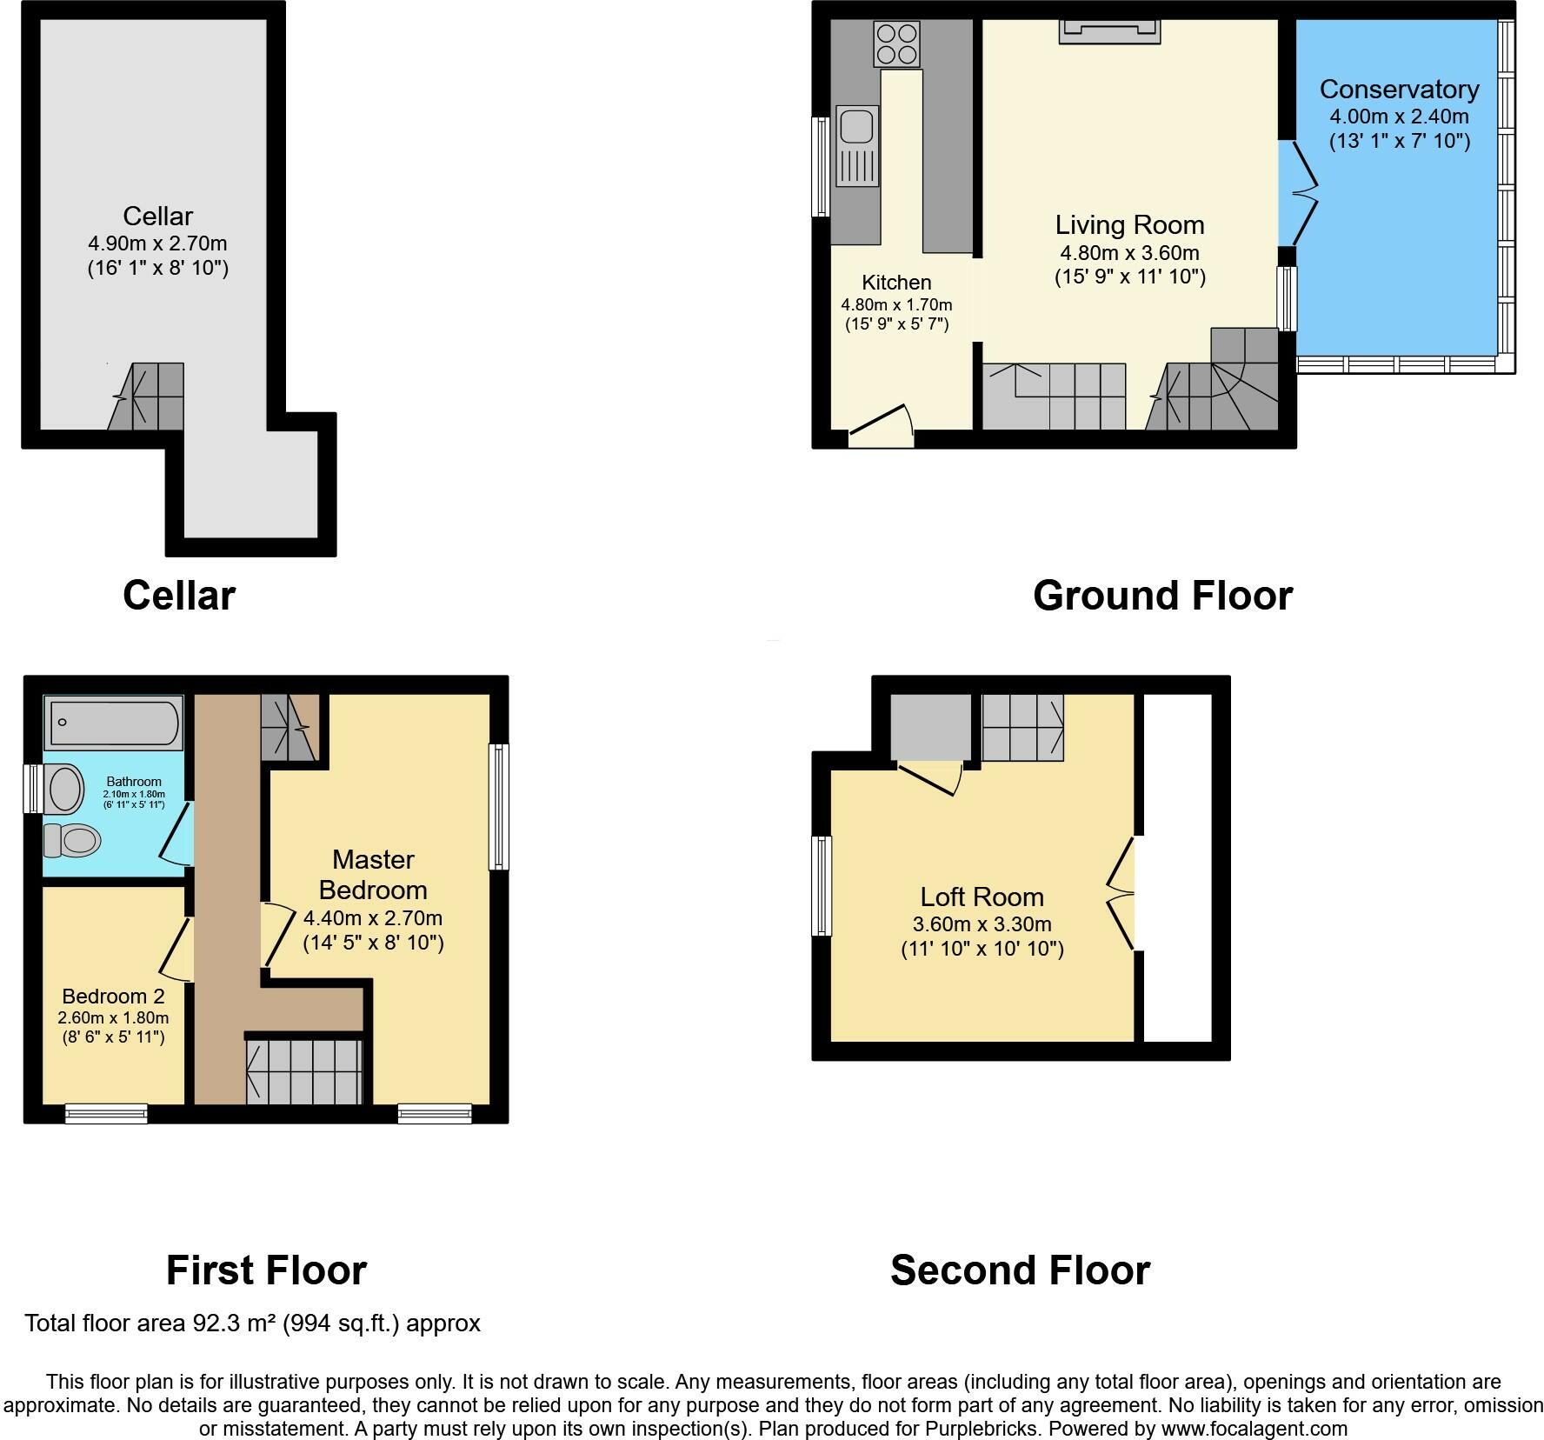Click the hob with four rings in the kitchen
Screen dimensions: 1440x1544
897,43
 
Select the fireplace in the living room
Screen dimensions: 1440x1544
1109,31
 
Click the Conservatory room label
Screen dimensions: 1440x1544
1399,89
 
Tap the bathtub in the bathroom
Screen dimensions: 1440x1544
114,722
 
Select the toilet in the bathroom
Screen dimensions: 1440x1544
74,840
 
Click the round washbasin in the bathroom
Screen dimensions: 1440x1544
64,789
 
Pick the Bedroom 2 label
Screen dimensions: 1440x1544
113,996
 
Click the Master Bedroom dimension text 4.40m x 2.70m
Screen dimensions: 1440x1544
373,917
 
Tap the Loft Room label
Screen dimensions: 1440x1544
982,897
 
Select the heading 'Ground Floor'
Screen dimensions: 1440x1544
1162,596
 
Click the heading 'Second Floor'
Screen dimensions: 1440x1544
1020,1270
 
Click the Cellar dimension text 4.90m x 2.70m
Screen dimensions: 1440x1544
157,243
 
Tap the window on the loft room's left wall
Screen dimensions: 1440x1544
822,885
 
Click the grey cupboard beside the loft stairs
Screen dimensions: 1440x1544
930,727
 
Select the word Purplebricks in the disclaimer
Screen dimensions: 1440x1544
983,1428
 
